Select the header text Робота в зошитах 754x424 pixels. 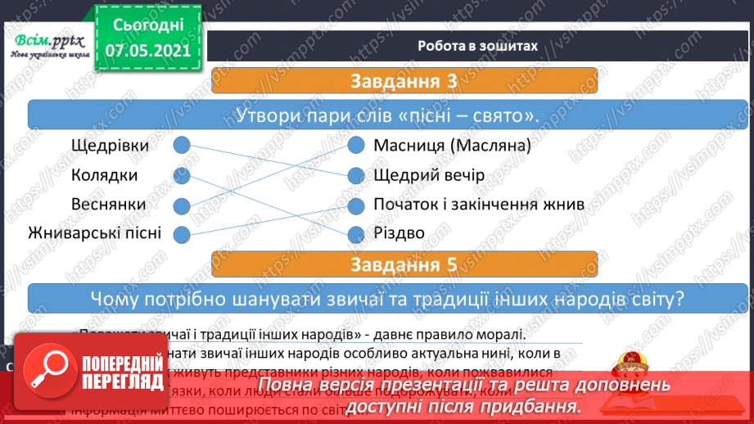click(x=477, y=46)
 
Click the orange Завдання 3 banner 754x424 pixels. click(x=403, y=82)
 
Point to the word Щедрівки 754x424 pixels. click(x=111, y=146)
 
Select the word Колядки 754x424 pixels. click(x=104, y=175)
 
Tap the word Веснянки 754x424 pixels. click(x=109, y=204)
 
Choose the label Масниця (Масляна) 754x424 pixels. click(x=452, y=146)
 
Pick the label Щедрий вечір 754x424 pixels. click(x=428, y=175)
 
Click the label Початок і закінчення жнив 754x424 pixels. click(x=478, y=204)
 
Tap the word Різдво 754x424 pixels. click(x=399, y=233)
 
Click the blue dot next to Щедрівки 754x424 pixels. click(x=182, y=146)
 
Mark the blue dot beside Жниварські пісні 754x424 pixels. click(x=182, y=235)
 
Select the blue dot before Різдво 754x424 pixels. click(x=355, y=235)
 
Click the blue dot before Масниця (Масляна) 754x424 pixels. click(x=355, y=146)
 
